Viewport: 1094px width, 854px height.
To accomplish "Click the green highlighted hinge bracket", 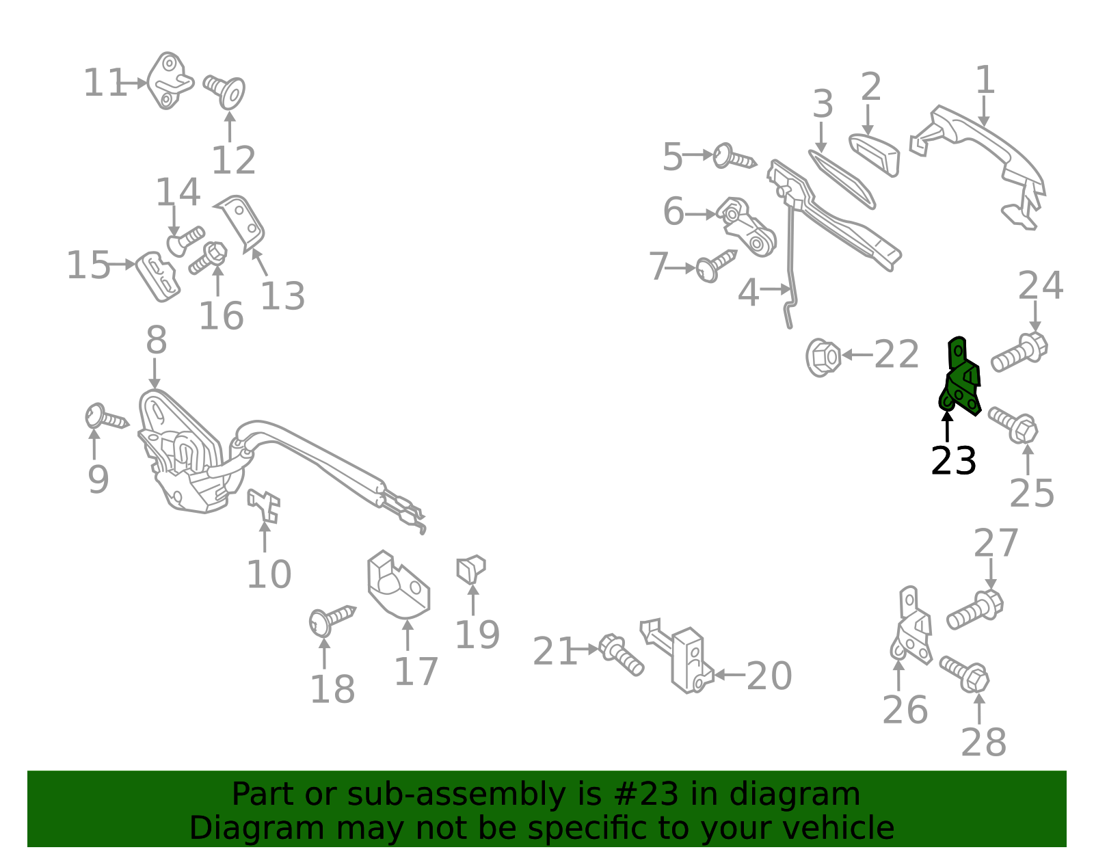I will (x=961, y=379).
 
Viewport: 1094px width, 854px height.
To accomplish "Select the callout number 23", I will (x=953, y=462).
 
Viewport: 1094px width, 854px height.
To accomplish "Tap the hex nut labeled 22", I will (x=823, y=357).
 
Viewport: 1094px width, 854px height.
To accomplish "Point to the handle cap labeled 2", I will (x=875, y=153).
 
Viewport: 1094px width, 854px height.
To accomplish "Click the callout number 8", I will (x=156, y=340).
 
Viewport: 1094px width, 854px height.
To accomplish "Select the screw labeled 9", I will (x=106, y=418).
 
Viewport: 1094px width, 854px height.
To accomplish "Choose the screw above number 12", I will (x=226, y=90).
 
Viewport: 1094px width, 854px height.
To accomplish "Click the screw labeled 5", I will (x=734, y=157).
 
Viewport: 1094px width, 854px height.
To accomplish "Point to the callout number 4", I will (x=748, y=293).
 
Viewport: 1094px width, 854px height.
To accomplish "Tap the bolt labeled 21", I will (x=620, y=654).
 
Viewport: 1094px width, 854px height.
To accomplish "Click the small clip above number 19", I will (x=470, y=569).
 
